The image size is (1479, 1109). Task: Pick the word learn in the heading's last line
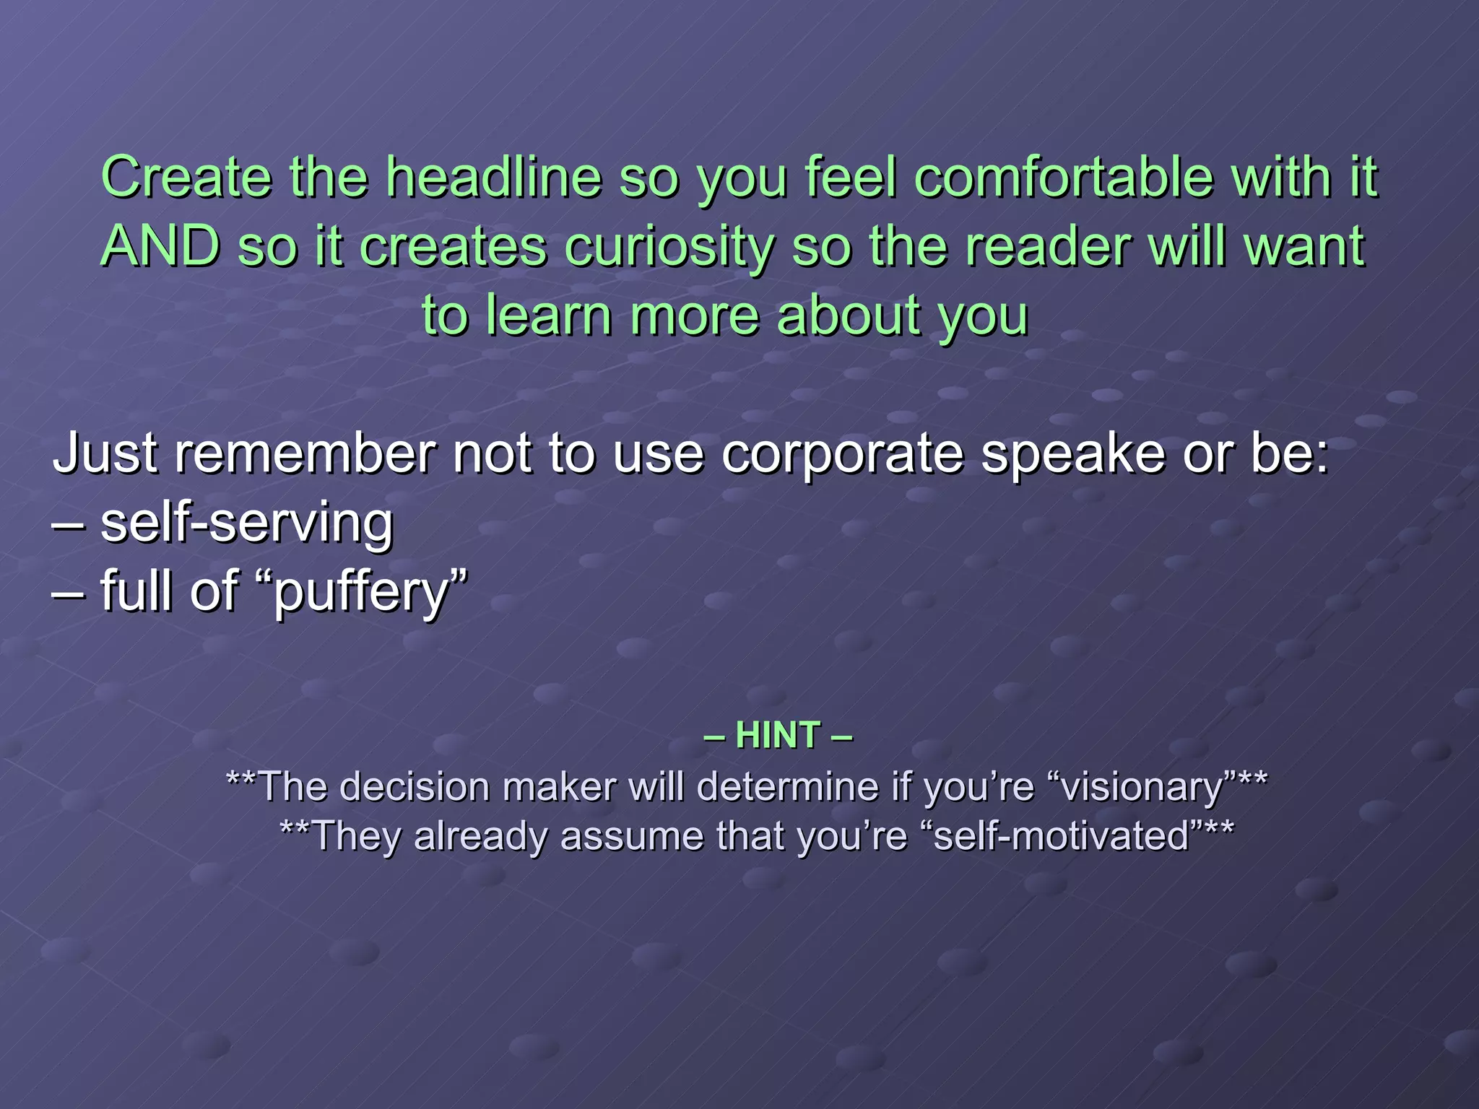(549, 316)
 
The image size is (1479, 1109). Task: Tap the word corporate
(842, 455)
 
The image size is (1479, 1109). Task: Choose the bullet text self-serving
(246, 523)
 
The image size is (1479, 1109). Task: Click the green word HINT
(778, 736)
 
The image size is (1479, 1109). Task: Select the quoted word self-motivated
(1062, 836)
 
